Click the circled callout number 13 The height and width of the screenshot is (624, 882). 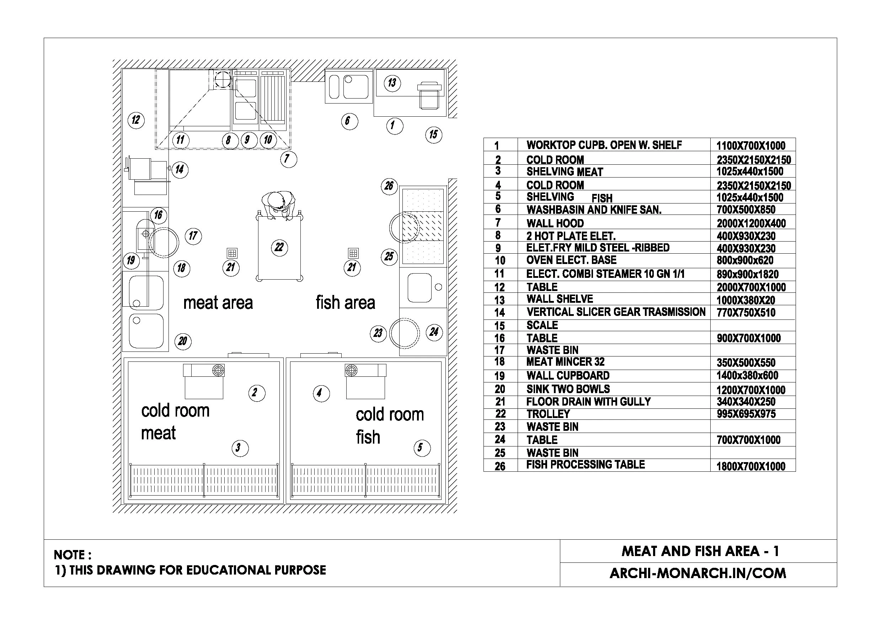(x=392, y=83)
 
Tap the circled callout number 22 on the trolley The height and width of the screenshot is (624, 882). (x=279, y=247)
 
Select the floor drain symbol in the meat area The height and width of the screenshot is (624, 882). (x=232, y=253)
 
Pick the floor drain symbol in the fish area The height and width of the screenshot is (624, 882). (x=353, y=253)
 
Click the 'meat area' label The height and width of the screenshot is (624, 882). (x=218, y=303)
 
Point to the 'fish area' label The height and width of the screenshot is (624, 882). (x=345, y=302)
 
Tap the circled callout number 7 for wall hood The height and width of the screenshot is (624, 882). (x=288, y=159)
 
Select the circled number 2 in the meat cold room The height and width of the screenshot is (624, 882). (x=257, y=393)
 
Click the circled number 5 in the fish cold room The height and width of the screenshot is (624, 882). (x=422, y=448)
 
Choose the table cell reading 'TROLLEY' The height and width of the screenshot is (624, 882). (x=548, y=414)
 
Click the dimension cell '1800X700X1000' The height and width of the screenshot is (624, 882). (x=750, y=466)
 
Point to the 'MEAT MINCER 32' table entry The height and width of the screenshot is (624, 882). (x=565, y=362)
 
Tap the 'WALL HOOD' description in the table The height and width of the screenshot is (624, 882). (x=555, y=223)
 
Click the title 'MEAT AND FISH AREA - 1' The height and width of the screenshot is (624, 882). (x=700, y=551)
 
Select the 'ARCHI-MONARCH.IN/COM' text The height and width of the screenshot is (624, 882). (x=697, y=573)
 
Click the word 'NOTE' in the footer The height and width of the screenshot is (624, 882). (x=70, y=555)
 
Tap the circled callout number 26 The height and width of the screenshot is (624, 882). (x=389, y=186)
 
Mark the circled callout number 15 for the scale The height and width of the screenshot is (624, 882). (x=433, y=134)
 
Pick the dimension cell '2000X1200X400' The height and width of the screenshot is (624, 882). (x=751, y=223)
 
